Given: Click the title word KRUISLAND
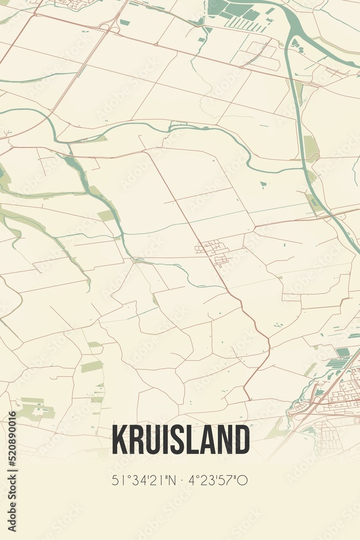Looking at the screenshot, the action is [x=180, y=440].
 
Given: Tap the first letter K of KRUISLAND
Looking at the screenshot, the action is [x=119, y=440].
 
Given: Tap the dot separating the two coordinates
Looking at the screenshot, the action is [x=181, y=480].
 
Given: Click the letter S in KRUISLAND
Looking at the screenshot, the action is [x=180, y=440].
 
